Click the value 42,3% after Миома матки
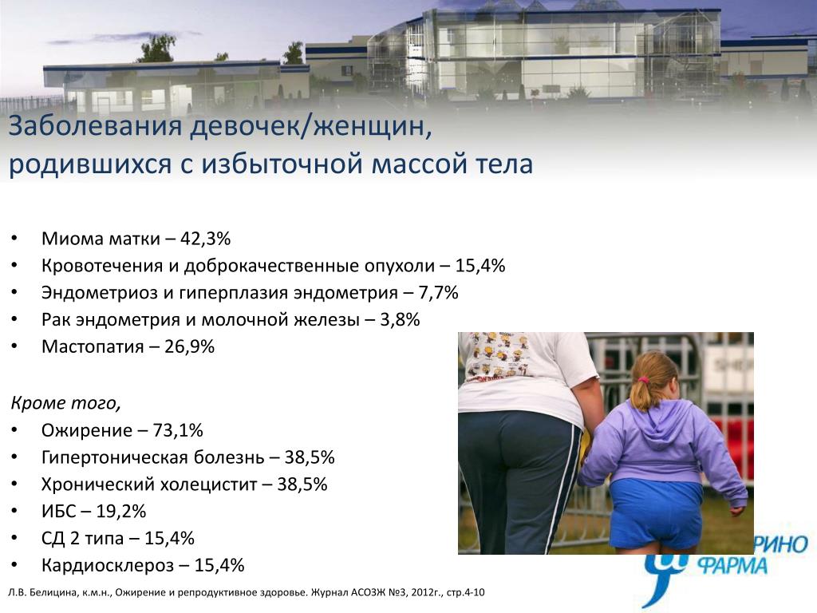coord(205,239)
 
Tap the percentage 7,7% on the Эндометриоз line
coord(438,293)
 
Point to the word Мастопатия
coord(93,346)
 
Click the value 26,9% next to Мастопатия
coord(190,346)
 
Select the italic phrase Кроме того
coord(65,403)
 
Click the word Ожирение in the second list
coord(87,430)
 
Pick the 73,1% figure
coord(178,430)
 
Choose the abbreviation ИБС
coord(59,512)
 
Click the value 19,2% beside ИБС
coord(121,512)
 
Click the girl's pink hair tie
coord(645,380)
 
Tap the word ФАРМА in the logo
coord(733,566)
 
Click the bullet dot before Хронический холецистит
coord(14,484)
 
